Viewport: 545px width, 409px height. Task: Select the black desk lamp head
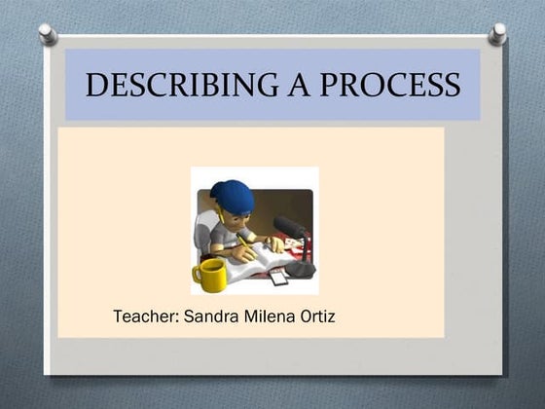289,228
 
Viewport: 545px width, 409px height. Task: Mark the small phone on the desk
278,277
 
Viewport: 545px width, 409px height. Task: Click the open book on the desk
255,259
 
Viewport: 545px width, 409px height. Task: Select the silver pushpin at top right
497,33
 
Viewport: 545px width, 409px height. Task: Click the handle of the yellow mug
198,274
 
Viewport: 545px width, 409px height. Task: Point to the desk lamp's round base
300,270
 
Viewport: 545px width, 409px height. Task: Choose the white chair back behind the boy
203,234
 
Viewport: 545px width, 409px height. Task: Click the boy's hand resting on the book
274,244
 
